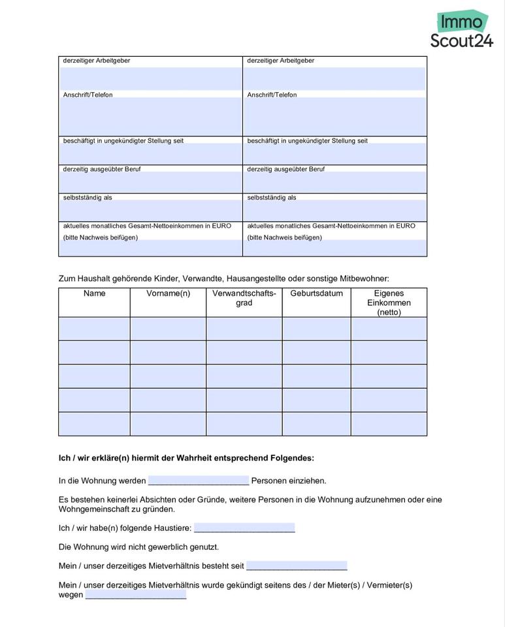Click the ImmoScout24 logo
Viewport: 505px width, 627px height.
click(462, 30)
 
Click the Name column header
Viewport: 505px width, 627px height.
click(94, 294)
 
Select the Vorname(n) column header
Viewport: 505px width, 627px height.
click(168, 294)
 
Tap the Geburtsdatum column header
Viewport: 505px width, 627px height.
click(316, 294)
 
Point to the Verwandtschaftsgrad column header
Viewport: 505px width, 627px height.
click(244, 298)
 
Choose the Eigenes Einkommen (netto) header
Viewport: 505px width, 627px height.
click(389, 303)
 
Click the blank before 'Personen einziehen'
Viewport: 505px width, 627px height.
click(198, 481)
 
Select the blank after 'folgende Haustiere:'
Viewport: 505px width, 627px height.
click(244, 528)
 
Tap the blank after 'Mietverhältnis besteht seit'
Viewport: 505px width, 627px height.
click(297, 566)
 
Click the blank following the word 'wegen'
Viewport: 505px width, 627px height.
click(135, 595)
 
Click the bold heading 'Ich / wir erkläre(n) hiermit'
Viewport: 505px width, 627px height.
click(186, 458)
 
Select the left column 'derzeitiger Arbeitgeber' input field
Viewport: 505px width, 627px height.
click(150, 78)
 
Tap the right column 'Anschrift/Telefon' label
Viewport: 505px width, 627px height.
click(272, 95)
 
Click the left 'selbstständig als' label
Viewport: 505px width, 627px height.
click(88, 198)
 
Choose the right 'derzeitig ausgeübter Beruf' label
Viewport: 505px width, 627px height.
click(285, 169)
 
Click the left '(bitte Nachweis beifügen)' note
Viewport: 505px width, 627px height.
click(100, 238)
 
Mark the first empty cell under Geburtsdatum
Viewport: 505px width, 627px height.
click(316, 329)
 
